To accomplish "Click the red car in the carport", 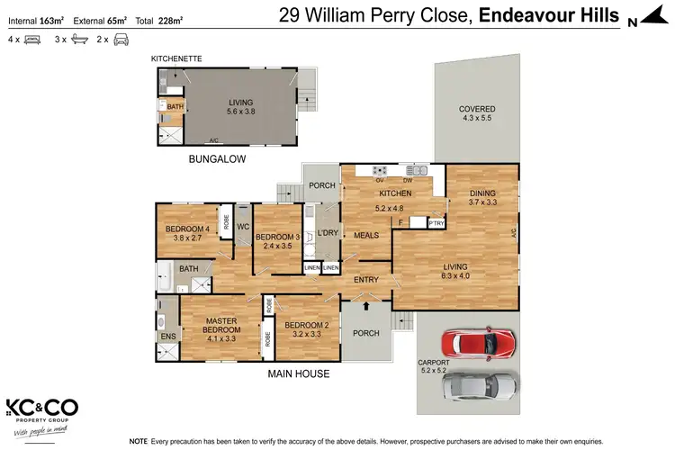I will point(480,344).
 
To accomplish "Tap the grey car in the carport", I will point(480,385).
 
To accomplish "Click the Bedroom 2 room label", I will point(308,328).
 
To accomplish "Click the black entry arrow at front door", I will point(365,306).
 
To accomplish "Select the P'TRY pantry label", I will point(436,222).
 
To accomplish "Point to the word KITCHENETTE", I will point(176,58).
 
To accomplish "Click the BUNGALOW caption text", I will point(217,158).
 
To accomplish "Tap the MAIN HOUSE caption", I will point(299,373).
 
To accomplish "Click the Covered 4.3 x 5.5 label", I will point(478,114).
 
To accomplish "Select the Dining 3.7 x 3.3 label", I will point(482,197).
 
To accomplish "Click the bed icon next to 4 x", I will point(31,40).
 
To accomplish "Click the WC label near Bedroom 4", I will point(242,227).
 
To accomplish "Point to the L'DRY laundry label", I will point(327,233).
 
